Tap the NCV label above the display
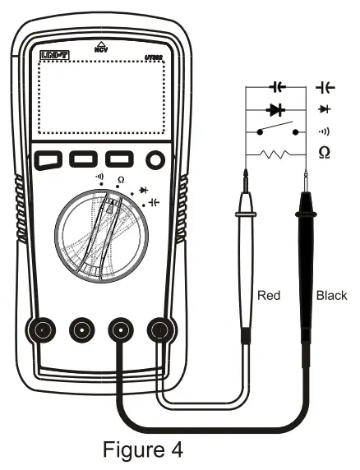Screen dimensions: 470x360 (x=101, y=48)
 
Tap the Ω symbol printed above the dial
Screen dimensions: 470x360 (x=121, y=180)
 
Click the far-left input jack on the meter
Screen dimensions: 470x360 (x=42, y=330)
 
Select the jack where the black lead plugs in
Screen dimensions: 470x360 (x=122, y=330)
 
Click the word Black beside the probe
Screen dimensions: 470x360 (x=331, y=295)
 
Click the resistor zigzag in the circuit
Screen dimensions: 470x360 (x=275, y=153)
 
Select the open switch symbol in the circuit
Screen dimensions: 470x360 (x=275, y=130)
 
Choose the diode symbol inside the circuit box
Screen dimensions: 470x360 (x=275, y=108)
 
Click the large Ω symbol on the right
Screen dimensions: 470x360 (x=325, y=152)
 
